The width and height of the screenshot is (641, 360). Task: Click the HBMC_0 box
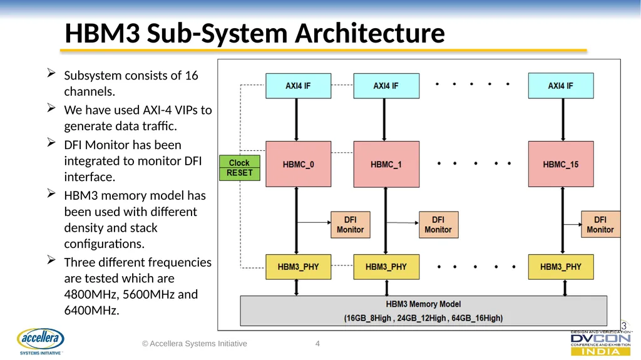coord(299,164)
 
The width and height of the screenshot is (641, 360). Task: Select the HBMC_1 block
coord(386,164)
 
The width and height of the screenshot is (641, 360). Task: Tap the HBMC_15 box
coord(561,164)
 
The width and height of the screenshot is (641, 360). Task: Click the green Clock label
coord(240,162)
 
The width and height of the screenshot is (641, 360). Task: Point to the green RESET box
coord(240,173)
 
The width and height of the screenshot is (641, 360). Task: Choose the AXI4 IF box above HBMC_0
coord(299,86)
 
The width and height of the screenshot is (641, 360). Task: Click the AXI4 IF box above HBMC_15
coord(561,86)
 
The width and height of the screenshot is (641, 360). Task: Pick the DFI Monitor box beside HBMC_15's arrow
coord(600,225)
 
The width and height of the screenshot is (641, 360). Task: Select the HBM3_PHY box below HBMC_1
coord(386,267)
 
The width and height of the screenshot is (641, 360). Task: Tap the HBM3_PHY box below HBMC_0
coord(299,267)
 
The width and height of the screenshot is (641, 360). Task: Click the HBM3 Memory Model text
coord(423,304)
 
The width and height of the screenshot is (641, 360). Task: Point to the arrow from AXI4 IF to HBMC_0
coord(296,120)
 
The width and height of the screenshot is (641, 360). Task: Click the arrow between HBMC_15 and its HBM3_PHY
coord(563,220)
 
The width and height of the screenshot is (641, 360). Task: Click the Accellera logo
coord(41,341)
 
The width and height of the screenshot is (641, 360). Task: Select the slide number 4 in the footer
coord(317,344)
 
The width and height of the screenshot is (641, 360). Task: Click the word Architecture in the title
coord(370,33)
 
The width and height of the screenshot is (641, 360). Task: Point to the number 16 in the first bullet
coord(192,75)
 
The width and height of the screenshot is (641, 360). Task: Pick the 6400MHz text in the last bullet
coord(91,310)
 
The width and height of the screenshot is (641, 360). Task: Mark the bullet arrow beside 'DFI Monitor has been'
coord(51,142)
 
